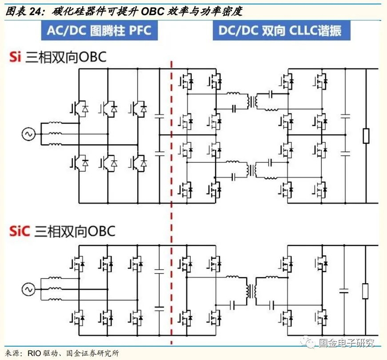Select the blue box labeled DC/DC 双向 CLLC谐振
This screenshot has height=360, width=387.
point(277,30)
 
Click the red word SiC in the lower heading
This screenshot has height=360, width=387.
point(19,230)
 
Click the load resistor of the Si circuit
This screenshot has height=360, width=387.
point(365,135)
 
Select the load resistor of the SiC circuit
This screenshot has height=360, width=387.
point(365,290)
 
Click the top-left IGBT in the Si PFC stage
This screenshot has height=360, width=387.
point(79,108)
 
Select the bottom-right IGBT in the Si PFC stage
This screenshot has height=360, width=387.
point(138,162)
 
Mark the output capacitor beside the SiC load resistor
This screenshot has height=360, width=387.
point(344,290)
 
